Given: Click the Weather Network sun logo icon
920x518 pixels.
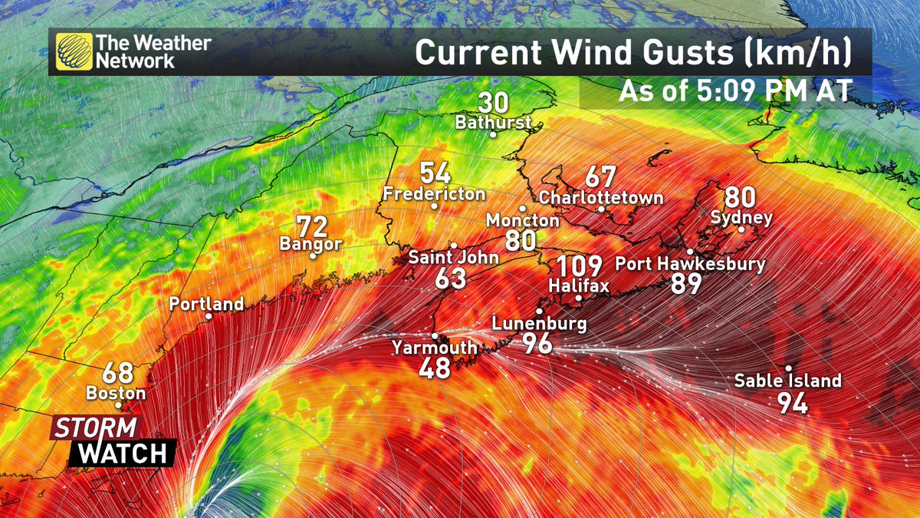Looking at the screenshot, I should coord(73,51).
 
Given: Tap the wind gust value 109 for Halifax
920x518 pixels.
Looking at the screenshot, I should coord(579,267).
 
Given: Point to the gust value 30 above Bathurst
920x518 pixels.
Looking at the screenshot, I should coord(492,103).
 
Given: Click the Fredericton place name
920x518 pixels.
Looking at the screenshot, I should coord(434,193).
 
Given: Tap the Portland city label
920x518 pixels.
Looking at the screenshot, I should coord(206,304).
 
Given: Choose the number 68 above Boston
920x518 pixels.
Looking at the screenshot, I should coord(118,374).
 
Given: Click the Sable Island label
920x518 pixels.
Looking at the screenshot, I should coord(787,381).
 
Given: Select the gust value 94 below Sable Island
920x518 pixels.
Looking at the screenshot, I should coord(793,403).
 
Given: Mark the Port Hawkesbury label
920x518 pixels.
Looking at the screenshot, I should coord(690,265).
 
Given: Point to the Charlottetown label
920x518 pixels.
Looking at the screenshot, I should coord(601,198).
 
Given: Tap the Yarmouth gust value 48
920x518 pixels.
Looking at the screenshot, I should coord(435,368).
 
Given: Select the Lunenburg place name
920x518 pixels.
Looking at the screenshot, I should coord(539,324).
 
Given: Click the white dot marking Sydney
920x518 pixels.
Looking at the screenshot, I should coord(741,229).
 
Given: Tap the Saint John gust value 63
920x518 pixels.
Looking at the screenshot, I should coord(451,279).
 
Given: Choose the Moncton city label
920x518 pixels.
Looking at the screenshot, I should coord(523,221).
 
